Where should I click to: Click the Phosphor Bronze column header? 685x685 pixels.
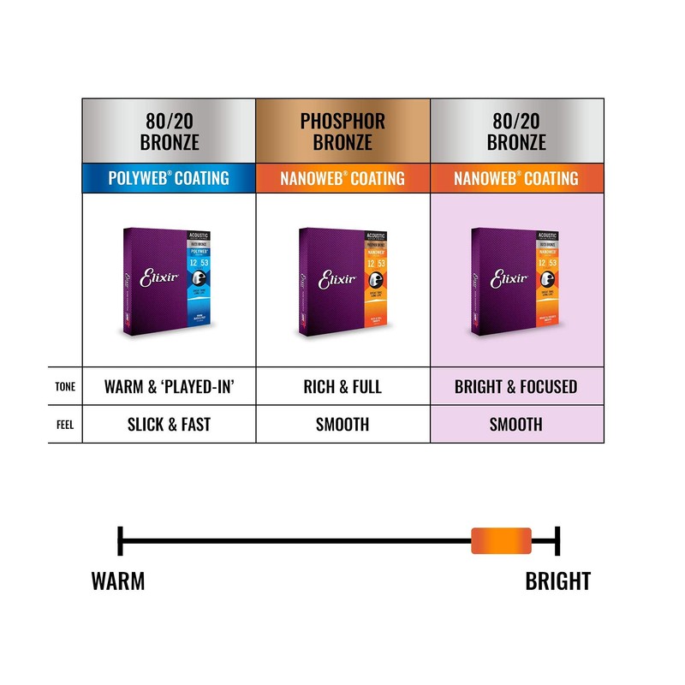[342, 131]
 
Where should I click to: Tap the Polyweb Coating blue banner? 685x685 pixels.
[169, 178]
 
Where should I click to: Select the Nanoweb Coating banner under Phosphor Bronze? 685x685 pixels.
[342, 178]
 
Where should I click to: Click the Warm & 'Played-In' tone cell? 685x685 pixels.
[169, 386]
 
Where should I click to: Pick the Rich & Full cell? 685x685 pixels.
[342, 386]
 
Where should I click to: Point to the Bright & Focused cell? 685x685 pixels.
[516, 386]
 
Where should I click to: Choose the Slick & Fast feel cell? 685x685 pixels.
[169, 424]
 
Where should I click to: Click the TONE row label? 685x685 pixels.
[65, 387]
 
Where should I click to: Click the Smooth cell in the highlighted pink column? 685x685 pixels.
[516, 424]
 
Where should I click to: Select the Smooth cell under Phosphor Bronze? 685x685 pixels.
[342, 424]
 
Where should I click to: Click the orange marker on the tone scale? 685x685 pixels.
[502, 541]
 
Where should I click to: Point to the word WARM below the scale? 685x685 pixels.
[118, 581]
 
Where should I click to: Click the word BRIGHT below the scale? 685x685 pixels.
[557, 581]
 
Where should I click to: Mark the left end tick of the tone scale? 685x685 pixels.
[121, 541]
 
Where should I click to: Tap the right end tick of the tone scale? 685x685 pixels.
[557, 541]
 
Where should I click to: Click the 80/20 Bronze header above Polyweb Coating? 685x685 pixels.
[169, 131]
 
